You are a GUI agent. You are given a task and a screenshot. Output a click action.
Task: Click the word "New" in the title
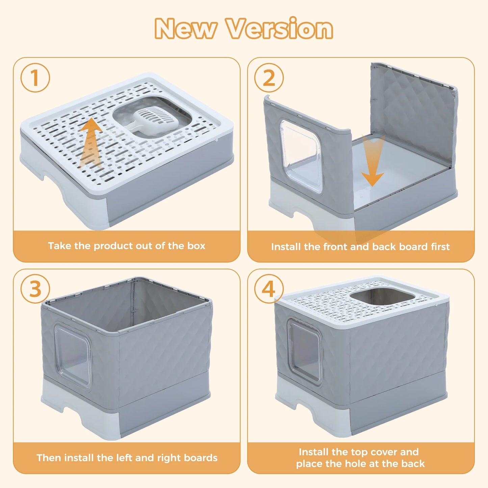[185, 29]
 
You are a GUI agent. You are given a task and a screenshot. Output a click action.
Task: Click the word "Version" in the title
[280, 29]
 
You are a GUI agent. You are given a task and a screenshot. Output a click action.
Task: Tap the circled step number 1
[35, 78]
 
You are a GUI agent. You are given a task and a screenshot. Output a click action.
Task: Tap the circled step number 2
[269, 78]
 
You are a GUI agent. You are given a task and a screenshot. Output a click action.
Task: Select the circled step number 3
[35, 289]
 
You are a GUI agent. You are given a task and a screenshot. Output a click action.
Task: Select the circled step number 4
[269, 289]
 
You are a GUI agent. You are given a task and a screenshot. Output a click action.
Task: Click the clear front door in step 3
[73, 355]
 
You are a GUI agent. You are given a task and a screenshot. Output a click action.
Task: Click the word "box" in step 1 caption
[196, 246]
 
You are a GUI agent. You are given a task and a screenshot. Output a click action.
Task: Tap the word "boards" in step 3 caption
[201, 458]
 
